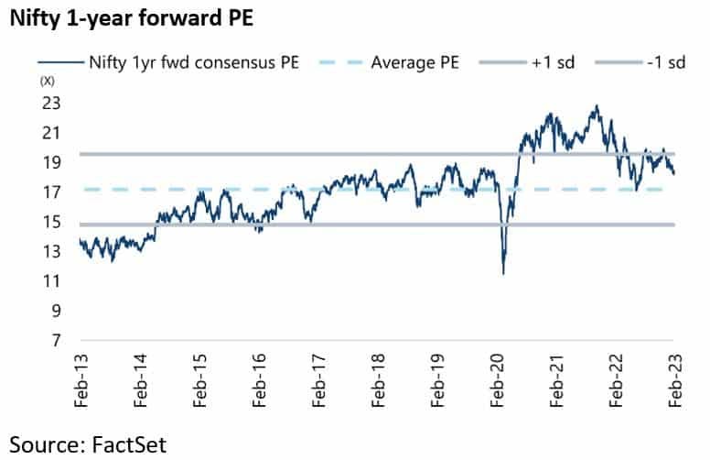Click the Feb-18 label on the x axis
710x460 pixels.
pos(378,378)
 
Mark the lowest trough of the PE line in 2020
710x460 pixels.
pos(503,273)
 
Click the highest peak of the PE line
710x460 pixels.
pos(597,105)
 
